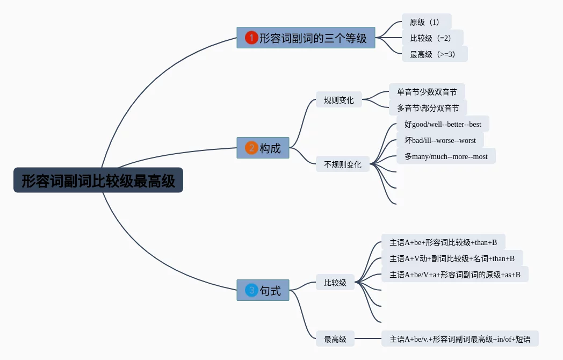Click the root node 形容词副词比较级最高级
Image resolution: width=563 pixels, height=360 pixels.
click(x=98, y=181)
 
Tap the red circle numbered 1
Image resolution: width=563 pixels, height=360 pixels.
click(x=251, y=38)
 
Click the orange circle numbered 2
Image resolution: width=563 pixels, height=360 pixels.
click(x=251, y=148)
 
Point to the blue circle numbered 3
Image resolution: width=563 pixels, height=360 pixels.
click(x=251, y=291)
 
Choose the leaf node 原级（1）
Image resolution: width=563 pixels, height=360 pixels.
click(x=426, y=22)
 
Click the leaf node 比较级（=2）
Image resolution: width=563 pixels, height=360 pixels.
click(x=432, y=38)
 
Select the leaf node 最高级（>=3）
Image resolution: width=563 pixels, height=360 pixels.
click(x=434, y=54)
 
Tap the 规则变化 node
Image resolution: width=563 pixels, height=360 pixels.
click(x=338, y=100)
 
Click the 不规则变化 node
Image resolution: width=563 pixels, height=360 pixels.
click(x=342, y=164)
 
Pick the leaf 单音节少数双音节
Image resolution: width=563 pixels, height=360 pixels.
click(x=427, y=92)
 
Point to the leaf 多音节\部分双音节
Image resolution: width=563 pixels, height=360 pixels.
click(x=428, y=108)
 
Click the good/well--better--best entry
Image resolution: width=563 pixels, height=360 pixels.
click(x=443, y=124)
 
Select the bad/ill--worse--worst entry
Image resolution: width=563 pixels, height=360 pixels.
click(x=440, y=140)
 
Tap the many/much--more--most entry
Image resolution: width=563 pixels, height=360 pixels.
click(x=446, y=156)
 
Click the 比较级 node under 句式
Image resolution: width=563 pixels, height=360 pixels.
click(x=335, y=283)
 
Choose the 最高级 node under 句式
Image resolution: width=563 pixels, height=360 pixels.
click(x=335, y=339)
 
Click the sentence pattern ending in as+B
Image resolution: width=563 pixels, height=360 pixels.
click(x=454, y=275)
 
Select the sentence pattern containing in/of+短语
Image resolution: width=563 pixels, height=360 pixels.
click(x=459, y=339)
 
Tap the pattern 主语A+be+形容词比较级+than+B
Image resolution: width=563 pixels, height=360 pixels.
click(x=443, y=242)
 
